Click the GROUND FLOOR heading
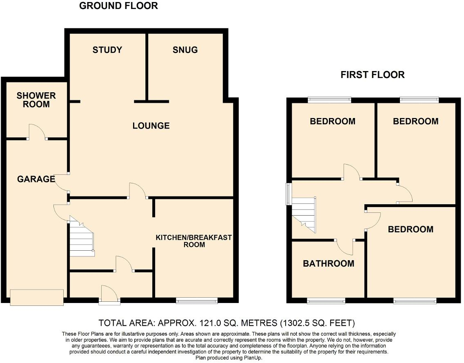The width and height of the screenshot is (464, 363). pyautogui.click(x=118, y=6)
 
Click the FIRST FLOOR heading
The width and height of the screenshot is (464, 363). pyautogui.click(x=372, y=75)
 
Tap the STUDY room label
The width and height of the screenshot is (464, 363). pyautogui.click(x=107, y=50)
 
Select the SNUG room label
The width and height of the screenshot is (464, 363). pyautogui.click(x=185, y=50)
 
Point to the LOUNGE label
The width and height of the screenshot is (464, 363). pyautogui.click(x=151, y=126)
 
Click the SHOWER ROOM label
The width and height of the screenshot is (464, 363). pyautogui.click(x=36, y=100)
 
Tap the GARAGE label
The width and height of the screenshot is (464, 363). pyautogui.click(x=36, y=179)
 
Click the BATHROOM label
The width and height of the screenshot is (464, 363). pyautogui.click(x=328, y=264)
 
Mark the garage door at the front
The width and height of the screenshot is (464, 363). pyautogui.click(x=37, y=297)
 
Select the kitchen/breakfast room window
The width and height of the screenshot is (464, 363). pyautogui.click(x=197, y=301)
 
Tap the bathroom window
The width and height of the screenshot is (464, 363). pyautogui.click(x=326, y=301)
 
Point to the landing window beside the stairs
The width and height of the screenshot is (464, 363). pyautogui.click(x=289, y=194)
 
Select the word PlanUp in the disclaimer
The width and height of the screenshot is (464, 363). pyautogui.click(x=251, y=358)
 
